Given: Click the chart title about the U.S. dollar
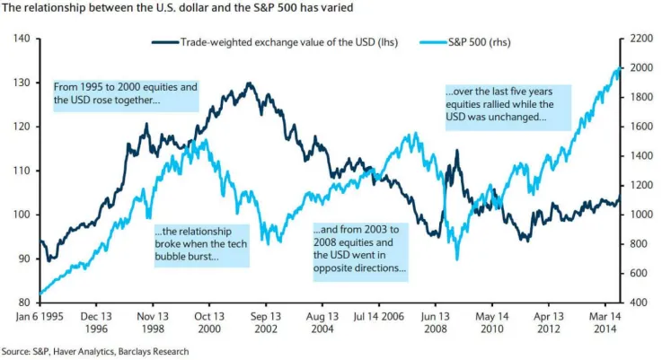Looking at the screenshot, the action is [177, 7].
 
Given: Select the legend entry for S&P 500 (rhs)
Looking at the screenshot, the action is [465, 42].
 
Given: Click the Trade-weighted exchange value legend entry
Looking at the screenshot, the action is [275, 42].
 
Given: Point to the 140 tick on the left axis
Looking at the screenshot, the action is [22, 39].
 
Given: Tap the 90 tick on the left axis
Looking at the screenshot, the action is [24, 259].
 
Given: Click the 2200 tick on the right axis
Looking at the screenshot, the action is [641, 39].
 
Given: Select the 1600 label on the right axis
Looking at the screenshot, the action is [641, 127].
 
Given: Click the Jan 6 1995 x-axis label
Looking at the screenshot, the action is [40, 317].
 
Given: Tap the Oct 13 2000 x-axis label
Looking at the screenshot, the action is [209, 322].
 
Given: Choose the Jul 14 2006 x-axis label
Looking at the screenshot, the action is [379, 317].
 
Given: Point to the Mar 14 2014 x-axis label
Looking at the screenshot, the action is [605, 322].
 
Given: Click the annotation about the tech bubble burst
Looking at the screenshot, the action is [201, 244].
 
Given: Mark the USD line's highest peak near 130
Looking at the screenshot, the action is [249, 83].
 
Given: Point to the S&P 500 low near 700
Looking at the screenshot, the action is [457, 259].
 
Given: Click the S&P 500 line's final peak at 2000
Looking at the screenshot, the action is [619, 67].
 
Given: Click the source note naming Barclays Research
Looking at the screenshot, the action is [95, 352].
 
